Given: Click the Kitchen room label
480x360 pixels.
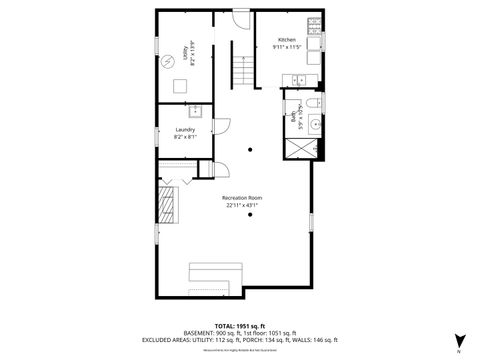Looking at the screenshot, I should [x=287, y=39].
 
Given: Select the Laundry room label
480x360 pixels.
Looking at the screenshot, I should [x=185, y=129].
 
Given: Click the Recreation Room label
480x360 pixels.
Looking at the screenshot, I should [x=243, y=198].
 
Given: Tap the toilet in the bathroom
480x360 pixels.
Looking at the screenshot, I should [x=311, y=103].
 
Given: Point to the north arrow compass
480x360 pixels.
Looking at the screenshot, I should [x=460, y=341].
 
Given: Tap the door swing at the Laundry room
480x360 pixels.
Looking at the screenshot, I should [x=222, y=128].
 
